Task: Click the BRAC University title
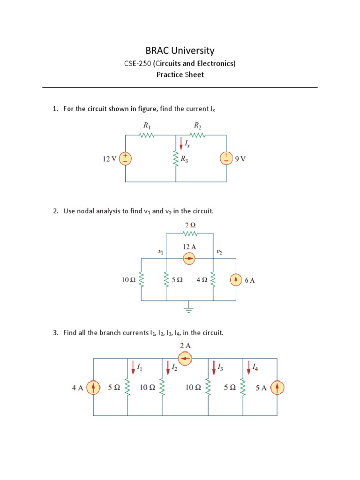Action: pyautogui.click(x=180, y=51)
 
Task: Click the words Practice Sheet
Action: pyautogui.click(x=180, y=75)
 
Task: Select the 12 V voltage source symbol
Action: pyautogui.click(x=126, y=158)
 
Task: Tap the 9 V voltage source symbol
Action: pyautogui.click(x=226, y=158)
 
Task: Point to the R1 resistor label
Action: pyautogui.click(x=146, y=126)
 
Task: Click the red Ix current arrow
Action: pyautogui.click(x=181, y=142)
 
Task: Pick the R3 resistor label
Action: pyautogui.click(x=185, y=159)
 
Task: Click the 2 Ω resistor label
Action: pyautogui.click(x=190, y=225)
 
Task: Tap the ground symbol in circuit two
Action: pyautogui.click(x=189, y=308)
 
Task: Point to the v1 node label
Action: pyautogui.click(x=161, y=252)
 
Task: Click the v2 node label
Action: pyautogui.click(x=219, y=252)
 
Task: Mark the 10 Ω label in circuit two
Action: pyautogui.click(x=128, y=280)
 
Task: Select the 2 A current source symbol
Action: pyautogui.click(x=186, y=359)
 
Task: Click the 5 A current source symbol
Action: pyautogui.click(x=277, y=388)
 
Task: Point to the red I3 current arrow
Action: pyautogui.click(x=214, y=368)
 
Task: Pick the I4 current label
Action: pyautogui.click(x=255, y=367)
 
